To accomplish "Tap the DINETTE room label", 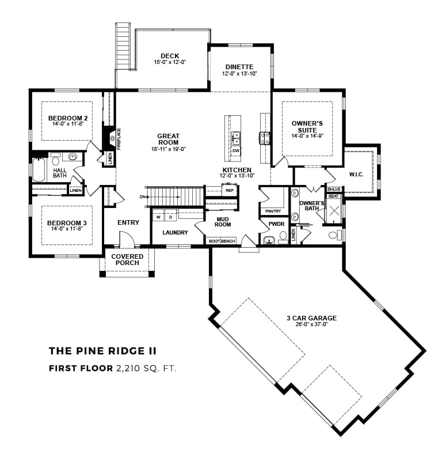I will pyautogui.click(x=239, y=67).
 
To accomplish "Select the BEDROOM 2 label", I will pyautogui.click(x=67, y=119).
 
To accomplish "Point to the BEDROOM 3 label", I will pyautogui.click(x=67, y=223).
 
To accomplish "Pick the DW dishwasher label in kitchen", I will pyautogui.click(x=236, y=150).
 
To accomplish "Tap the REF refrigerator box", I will pyautogui.click(x=230, y=190).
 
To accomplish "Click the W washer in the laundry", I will pyautogui.click(x=158, y=217).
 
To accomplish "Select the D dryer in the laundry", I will pyautogui.click(x=170, y=217).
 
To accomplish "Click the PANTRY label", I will pyautogui.click(x=273, y=211).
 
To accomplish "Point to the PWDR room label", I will pyautogui.click(x=276, y=224).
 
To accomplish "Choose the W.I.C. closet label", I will pyautogui.click(x=357, y=174).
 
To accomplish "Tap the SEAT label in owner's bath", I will pyautogui.click(x=334, y=197).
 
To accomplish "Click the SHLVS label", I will pyautogui.click(x=334, y=189).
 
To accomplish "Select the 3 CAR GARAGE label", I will pyautogui.click(x=311, y=318).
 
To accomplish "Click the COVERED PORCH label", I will pyautogui.click(x=127, y=260).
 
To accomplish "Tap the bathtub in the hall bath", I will pyautogui.click(x=39, y=170).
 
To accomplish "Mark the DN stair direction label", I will pyautogui.click(x=143, y=197).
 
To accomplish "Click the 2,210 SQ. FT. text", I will pyautogui.click(x=146, y=368).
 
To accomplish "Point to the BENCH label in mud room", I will pyautogui.click(x=228, y=241).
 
